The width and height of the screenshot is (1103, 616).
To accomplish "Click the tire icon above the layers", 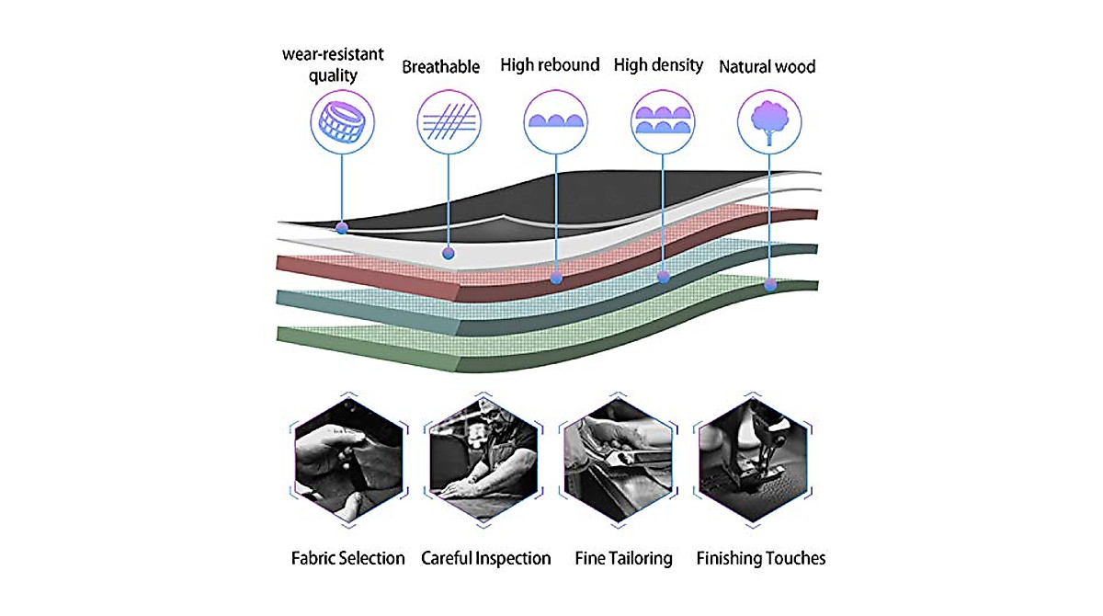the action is (342, 122).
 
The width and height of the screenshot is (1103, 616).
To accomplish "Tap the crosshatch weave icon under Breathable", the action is (449, 121).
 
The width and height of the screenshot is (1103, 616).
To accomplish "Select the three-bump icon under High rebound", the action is (556, 121).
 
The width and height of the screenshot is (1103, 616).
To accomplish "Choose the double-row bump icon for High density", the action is (663, 120).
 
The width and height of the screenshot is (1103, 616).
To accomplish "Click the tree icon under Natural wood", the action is (769, 122).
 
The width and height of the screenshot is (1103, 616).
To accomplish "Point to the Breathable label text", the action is (440, 67).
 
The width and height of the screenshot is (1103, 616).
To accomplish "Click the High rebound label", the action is (550, 65).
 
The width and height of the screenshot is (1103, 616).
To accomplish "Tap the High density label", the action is (658, 65).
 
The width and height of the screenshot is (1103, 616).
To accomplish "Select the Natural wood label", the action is (768, 66).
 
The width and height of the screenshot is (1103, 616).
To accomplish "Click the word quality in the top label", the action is (333, 75).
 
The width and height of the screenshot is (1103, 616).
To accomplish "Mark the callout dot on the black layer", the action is (342, 228).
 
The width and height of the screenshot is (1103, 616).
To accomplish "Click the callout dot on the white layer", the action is (449, 254).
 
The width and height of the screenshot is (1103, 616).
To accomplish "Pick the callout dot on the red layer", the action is (556, 278).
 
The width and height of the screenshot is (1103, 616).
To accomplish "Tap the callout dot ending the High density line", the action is (664, 278).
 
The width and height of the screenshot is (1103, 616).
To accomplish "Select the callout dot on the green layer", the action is (770, 285).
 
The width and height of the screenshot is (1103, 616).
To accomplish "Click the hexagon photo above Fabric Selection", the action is (348, 461).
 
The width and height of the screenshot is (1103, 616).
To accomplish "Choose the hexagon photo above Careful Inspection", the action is (483, 461).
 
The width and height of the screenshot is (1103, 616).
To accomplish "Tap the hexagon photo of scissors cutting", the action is (618, 461).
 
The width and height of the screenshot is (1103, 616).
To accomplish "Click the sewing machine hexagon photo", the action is (753, 461).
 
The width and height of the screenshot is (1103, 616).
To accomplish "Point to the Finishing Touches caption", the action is (761, 558).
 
